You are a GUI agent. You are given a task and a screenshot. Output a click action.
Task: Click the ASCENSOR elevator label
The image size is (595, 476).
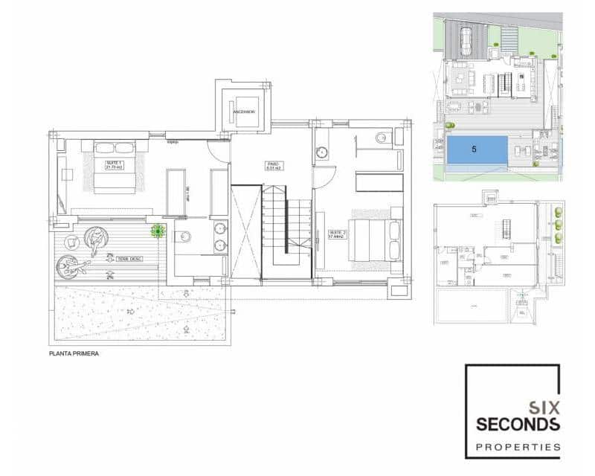coord(244,112)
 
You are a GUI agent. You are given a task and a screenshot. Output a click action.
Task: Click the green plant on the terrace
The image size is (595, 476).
coord(157,231)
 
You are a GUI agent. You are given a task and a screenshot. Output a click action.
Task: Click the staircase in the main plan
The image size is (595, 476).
coord(286,227)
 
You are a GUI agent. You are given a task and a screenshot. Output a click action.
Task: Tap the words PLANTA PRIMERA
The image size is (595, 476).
coord(74,354)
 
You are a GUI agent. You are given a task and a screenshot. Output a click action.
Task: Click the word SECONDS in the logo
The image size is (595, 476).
coord(518,425)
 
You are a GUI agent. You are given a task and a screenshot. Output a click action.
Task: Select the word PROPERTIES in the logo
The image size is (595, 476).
coord(518,447)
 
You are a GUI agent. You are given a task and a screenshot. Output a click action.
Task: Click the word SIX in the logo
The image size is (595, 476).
coord(543,408)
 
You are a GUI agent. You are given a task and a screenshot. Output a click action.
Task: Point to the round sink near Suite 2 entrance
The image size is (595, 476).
coord(322,152)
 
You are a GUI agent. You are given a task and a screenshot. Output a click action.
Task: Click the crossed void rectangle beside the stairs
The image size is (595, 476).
coord(245,231)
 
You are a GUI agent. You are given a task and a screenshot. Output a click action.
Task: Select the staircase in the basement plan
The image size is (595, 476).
coord(509,228)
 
